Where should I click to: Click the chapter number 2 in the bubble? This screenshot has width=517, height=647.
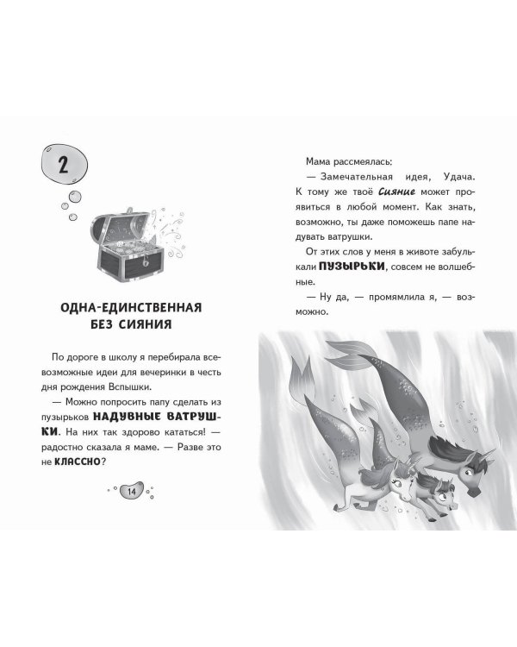[x=63, y=166]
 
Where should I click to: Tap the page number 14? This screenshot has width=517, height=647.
[x=132, y=492]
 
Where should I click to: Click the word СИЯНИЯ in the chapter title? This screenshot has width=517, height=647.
[x=145, y=324]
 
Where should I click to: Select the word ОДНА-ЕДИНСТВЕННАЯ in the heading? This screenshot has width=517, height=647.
[x=131, y=307]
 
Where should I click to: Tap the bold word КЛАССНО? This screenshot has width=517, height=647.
[x=78, y=462]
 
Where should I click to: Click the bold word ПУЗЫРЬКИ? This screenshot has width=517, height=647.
[x=352, y=267]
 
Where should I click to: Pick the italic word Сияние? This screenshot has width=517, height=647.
[x=396, y=192]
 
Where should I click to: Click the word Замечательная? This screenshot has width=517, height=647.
[x=357, y=177]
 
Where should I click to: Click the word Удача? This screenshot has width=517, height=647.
[x=459, y=177]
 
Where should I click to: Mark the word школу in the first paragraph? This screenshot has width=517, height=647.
[x=123, y=357]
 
